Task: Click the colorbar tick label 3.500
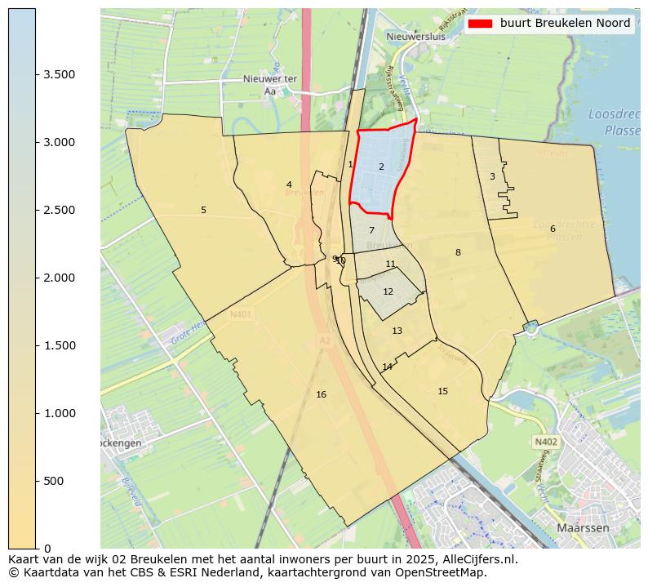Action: [x=60, y=74]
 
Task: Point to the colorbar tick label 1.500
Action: [x=60, y=345]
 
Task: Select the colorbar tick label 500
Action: [x=53, y=481]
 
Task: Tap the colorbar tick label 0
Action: [x=47, y=548]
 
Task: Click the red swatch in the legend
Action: [x=480, y=24]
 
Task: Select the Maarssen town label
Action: [x=583, y=528]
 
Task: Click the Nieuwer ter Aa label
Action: [x=269, y=85]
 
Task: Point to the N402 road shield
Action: [x=545, y=442]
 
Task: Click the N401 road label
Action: [x=241, y=314]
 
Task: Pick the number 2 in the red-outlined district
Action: [x=381, y=167]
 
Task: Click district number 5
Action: [x=203, y=210]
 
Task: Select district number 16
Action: [x=321, y=394]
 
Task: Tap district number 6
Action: [x=553, y=229]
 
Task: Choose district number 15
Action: [x=442, y=391]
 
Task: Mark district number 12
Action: [x=388, y=291]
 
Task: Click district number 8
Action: [x=458, y=252]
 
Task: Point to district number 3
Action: [x=492, y=176]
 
